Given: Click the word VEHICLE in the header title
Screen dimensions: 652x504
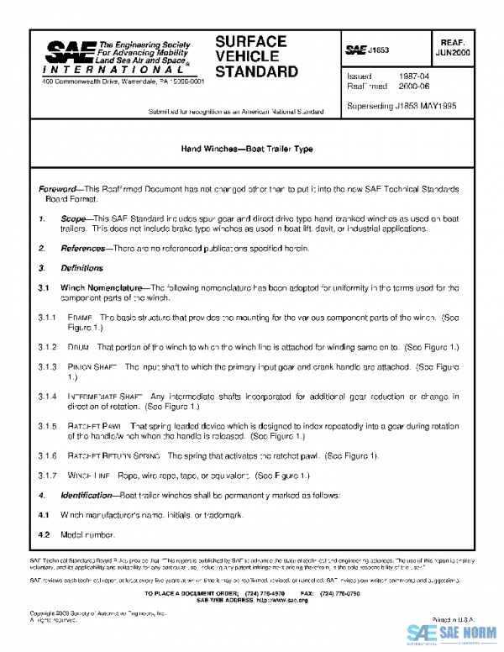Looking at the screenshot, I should tap(245, 56).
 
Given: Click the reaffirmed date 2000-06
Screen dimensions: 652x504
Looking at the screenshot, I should tap(413, 86).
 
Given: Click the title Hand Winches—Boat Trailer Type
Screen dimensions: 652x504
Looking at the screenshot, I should tap(247, 149).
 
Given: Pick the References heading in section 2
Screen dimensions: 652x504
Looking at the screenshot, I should tap(81, 249).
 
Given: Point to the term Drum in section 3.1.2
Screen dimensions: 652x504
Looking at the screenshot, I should tap(79, 346).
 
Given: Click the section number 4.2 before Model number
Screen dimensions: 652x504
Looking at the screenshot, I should tap(45, 534).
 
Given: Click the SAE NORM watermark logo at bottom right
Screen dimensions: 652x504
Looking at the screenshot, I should tap(454, 634).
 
